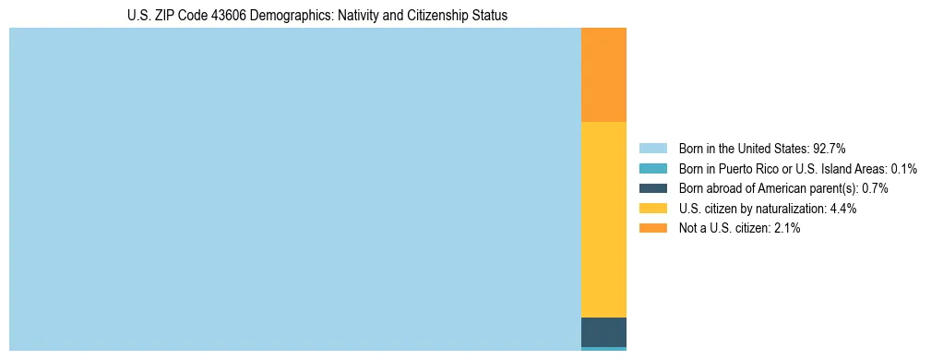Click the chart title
tap(317, 16)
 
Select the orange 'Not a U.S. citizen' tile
tap(603, 75)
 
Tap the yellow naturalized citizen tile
tap(603, 220)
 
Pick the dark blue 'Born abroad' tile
tap(603, 332)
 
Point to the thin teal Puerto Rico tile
tap(603, 349)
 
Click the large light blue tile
tap(295, 189)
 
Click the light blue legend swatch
tap(652, 148)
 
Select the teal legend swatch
tap(652, 168)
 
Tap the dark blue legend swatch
tap(652, 188)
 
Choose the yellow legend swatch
tap(652, 209)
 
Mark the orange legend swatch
tap(652, 229)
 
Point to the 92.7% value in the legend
tap(830, 148)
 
